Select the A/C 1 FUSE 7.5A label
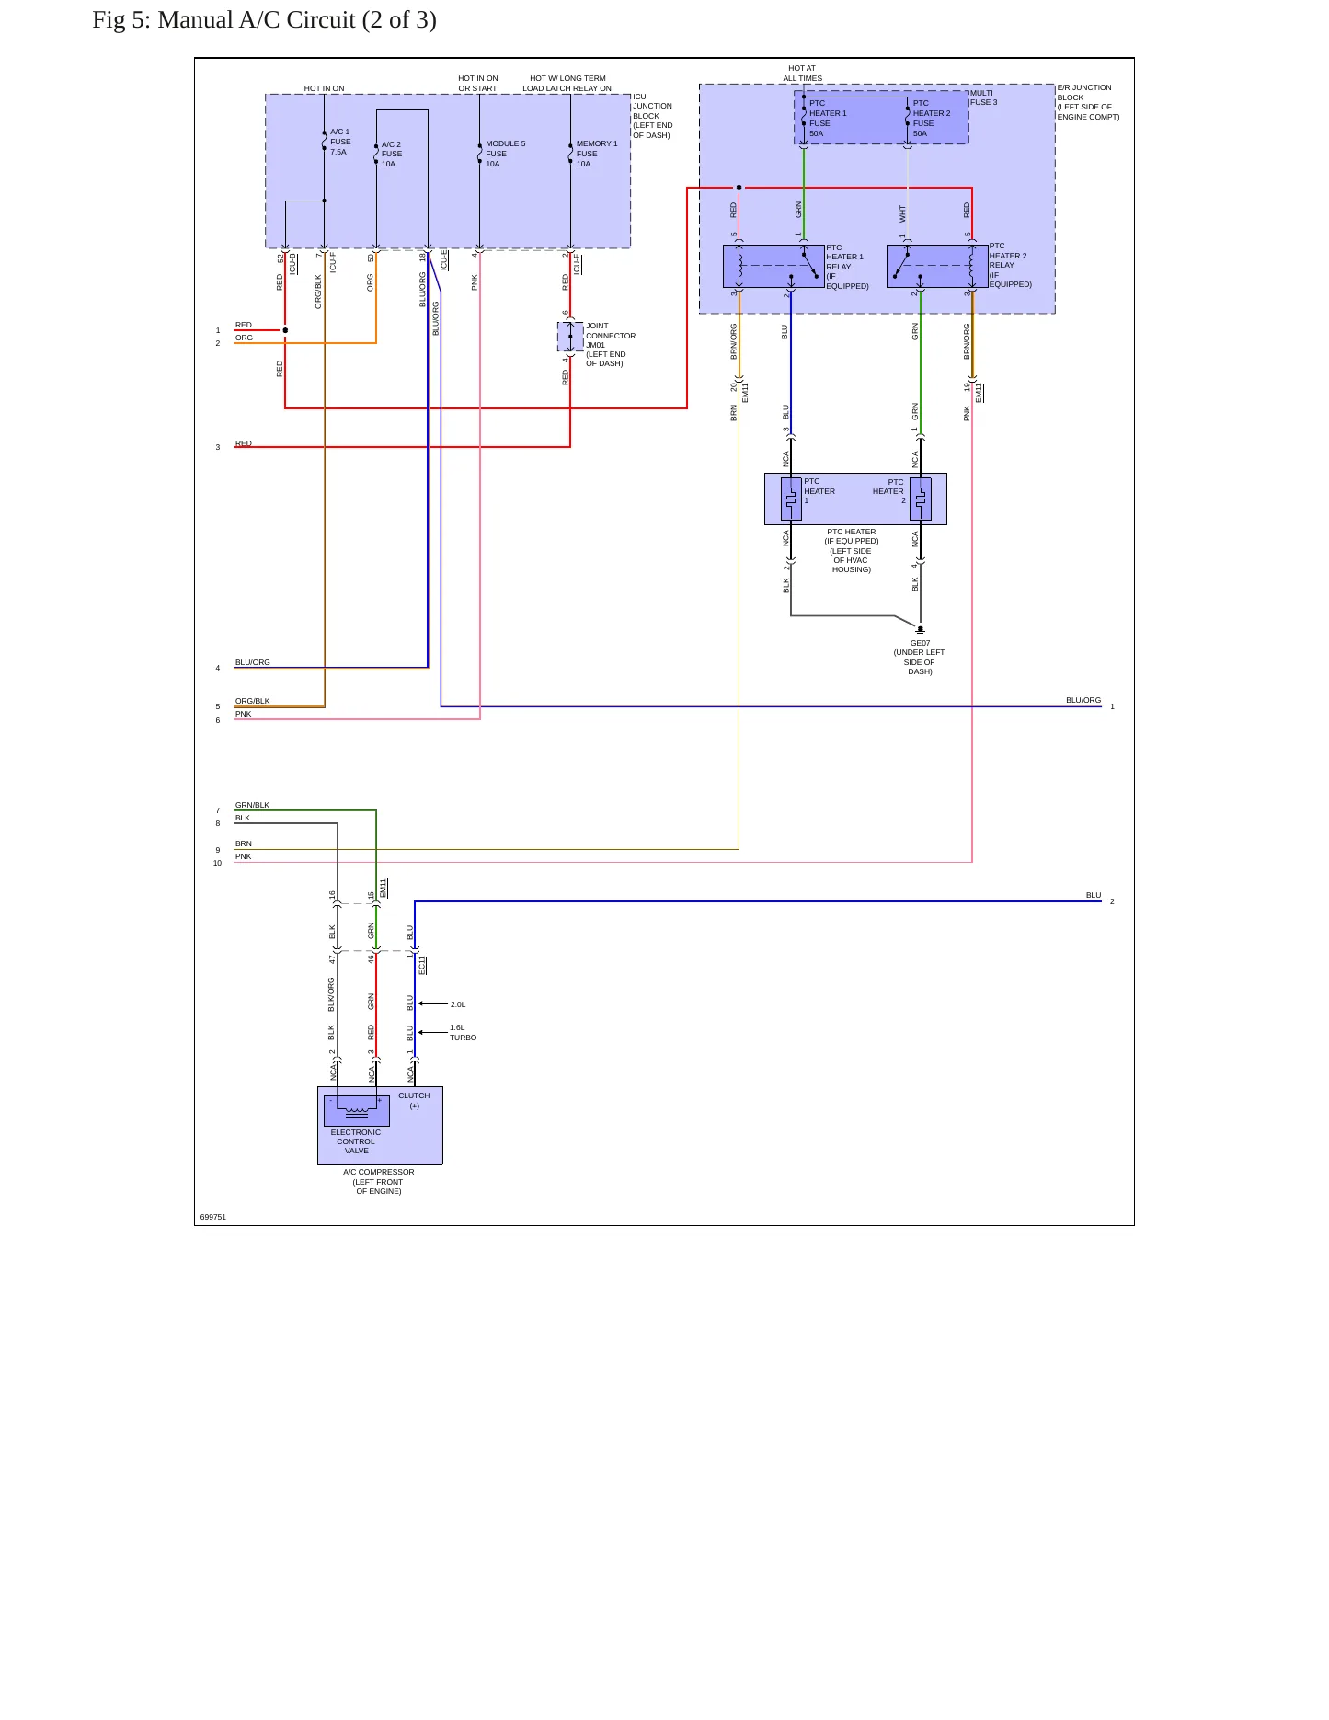tap(340, 142)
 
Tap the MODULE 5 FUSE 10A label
tap(505, 154)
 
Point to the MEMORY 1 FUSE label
tap(597, 149)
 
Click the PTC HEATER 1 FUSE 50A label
tap(828, 119)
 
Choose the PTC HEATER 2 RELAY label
tap(1010, 265)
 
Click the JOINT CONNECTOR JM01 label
tap(610, 336)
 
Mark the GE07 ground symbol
tap(920, 631)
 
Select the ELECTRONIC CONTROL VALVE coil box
tap(356, 1110)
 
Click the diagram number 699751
tap(212, 1217)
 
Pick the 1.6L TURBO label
tap(463, 1033)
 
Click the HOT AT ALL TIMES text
tap(802, 74)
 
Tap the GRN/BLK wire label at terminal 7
tap(252, 805)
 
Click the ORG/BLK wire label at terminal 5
tap(252, 701)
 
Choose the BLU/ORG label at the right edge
tap(1083, 700)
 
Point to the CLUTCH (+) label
tap(414, 1101)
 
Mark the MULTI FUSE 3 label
tap(983, 97)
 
